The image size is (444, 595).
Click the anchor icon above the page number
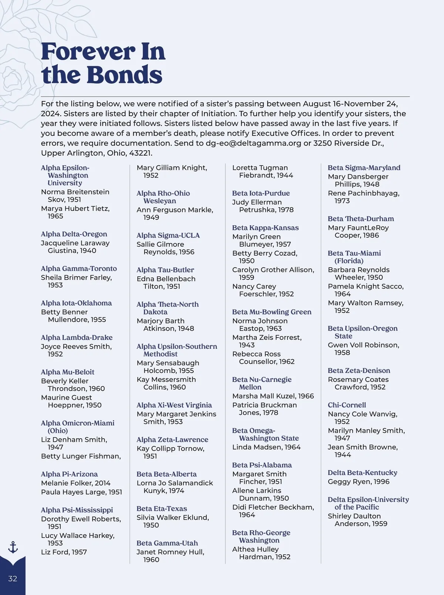(x=13, y=547)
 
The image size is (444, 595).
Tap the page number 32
(x=13, y=579)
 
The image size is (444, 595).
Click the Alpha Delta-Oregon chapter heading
(x=74, y=234)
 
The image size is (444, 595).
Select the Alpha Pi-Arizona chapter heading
(x=69, y=474)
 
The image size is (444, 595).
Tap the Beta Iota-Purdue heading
(x=261, y=193)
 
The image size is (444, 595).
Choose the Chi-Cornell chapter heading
(x=347, y=405)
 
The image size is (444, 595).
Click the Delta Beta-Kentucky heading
(x=363, y=473)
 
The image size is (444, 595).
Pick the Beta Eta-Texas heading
(x=162, y=509)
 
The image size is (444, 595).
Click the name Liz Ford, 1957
(x=64, y=552)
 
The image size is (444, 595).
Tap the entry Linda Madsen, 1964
(x=266, y=447)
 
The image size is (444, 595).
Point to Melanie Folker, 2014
(x=76, y=483)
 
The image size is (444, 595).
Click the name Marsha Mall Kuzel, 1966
(x=273, y=396)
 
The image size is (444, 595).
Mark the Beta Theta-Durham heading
(x=361, y=219)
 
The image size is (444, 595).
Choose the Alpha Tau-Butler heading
(x=165, y=270)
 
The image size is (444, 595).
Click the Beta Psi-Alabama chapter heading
(x=262, y=465)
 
